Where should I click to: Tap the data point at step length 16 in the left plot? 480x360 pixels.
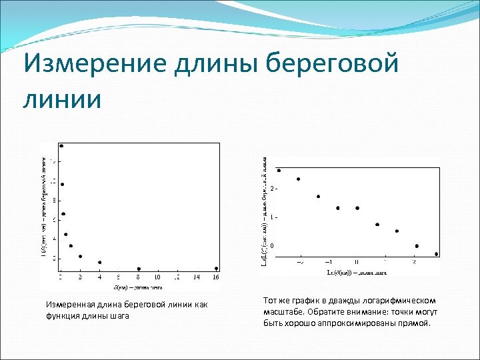[x=216, y=269]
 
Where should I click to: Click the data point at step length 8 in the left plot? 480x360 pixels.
[x=139, y=269]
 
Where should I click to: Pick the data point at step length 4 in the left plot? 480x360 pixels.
[x=100, y=263]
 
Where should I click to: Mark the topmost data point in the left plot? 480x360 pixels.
[x=61, y=145]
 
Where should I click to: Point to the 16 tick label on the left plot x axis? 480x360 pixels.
[x=216, y=277]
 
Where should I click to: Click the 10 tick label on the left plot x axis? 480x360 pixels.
[x=158, y=277]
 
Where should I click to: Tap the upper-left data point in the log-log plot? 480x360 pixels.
[x=279, y=171]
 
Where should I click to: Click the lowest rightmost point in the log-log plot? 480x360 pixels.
[x=436, y=254]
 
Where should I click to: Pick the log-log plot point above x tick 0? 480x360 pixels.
[x=357, y=208]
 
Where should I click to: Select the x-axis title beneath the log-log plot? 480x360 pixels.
[x=357, y=272]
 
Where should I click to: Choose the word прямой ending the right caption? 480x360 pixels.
[x=415, y=323]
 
